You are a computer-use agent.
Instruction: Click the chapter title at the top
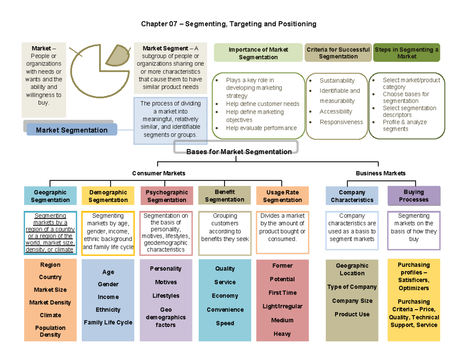tap(229, 24)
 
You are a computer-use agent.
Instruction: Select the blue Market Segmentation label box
tap(71, 130)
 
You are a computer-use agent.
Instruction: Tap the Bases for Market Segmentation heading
tap(238, 151)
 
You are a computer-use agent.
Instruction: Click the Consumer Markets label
tap(158, 173)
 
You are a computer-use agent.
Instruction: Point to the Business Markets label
tap(381, 173)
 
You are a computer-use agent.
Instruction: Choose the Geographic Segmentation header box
tap(50, 196)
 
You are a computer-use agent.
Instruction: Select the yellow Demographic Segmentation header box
tap(108, 196)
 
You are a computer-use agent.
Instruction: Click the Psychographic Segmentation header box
tap(167, 196)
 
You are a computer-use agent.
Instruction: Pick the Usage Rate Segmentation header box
tap(282, 196)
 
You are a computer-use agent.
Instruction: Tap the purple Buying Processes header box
tap(414, 196)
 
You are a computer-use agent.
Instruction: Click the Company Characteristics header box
tap(352, 196)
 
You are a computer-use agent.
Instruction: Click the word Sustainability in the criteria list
tap(337, 80)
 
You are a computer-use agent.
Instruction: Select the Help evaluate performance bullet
tap(261, 128)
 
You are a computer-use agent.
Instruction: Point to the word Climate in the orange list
tap(50, 315)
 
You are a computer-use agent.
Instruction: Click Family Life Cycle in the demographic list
tap(108, 322)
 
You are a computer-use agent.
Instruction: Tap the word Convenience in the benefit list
tap(225, 310)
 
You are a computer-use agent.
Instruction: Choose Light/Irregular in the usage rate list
tap(282, 306)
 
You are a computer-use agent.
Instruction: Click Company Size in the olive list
tap(352, 301)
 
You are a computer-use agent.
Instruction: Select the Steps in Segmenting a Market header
tap(407, 53)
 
